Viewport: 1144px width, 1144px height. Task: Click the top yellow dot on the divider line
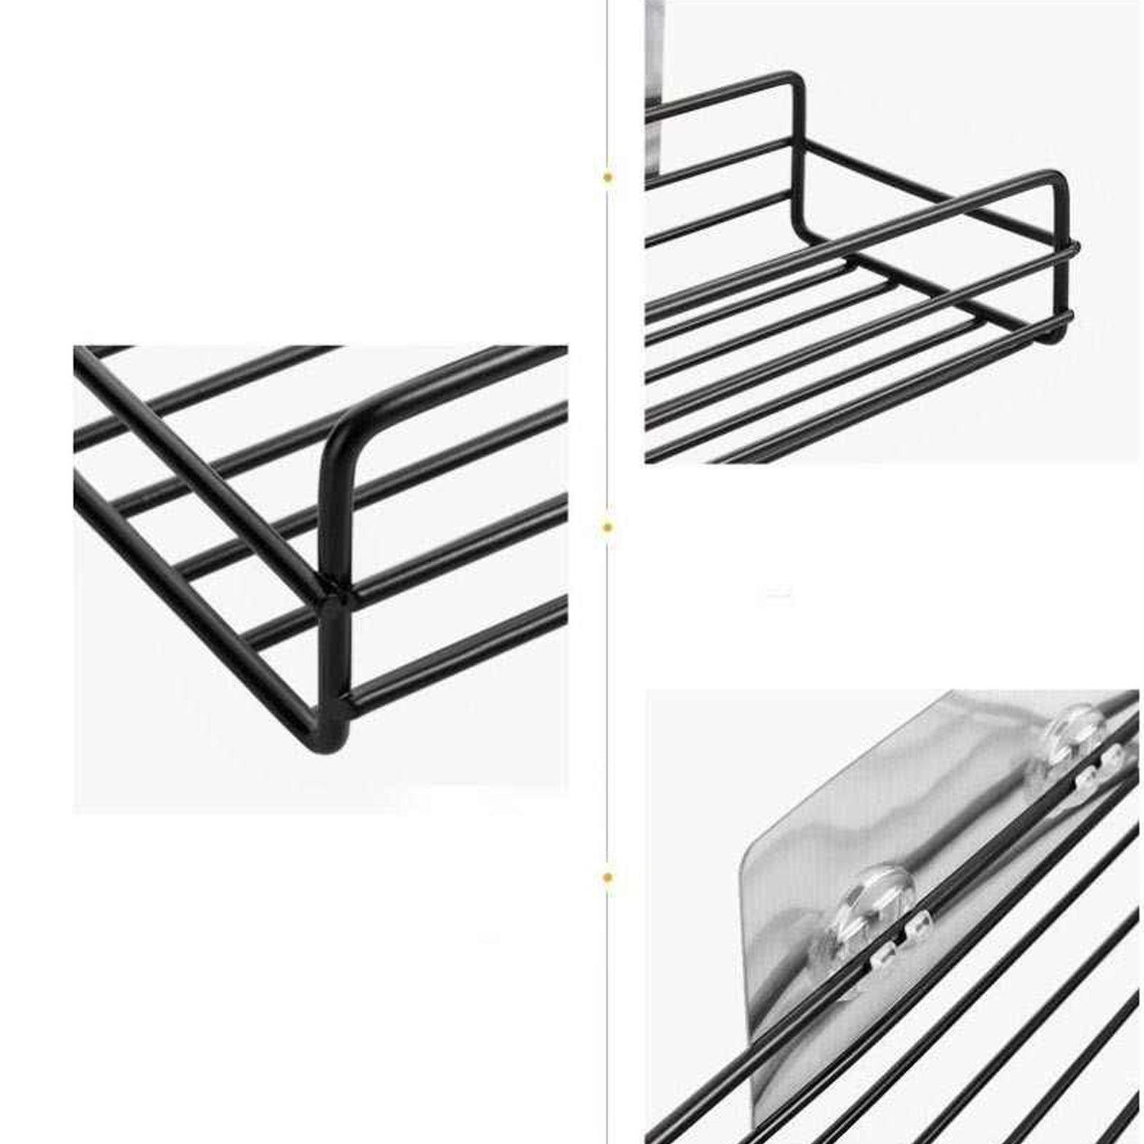click(x=608, y=177)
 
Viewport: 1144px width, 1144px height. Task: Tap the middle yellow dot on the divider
click(x=608, y=526)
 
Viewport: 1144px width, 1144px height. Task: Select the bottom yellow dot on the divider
click(x=608, y=879)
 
